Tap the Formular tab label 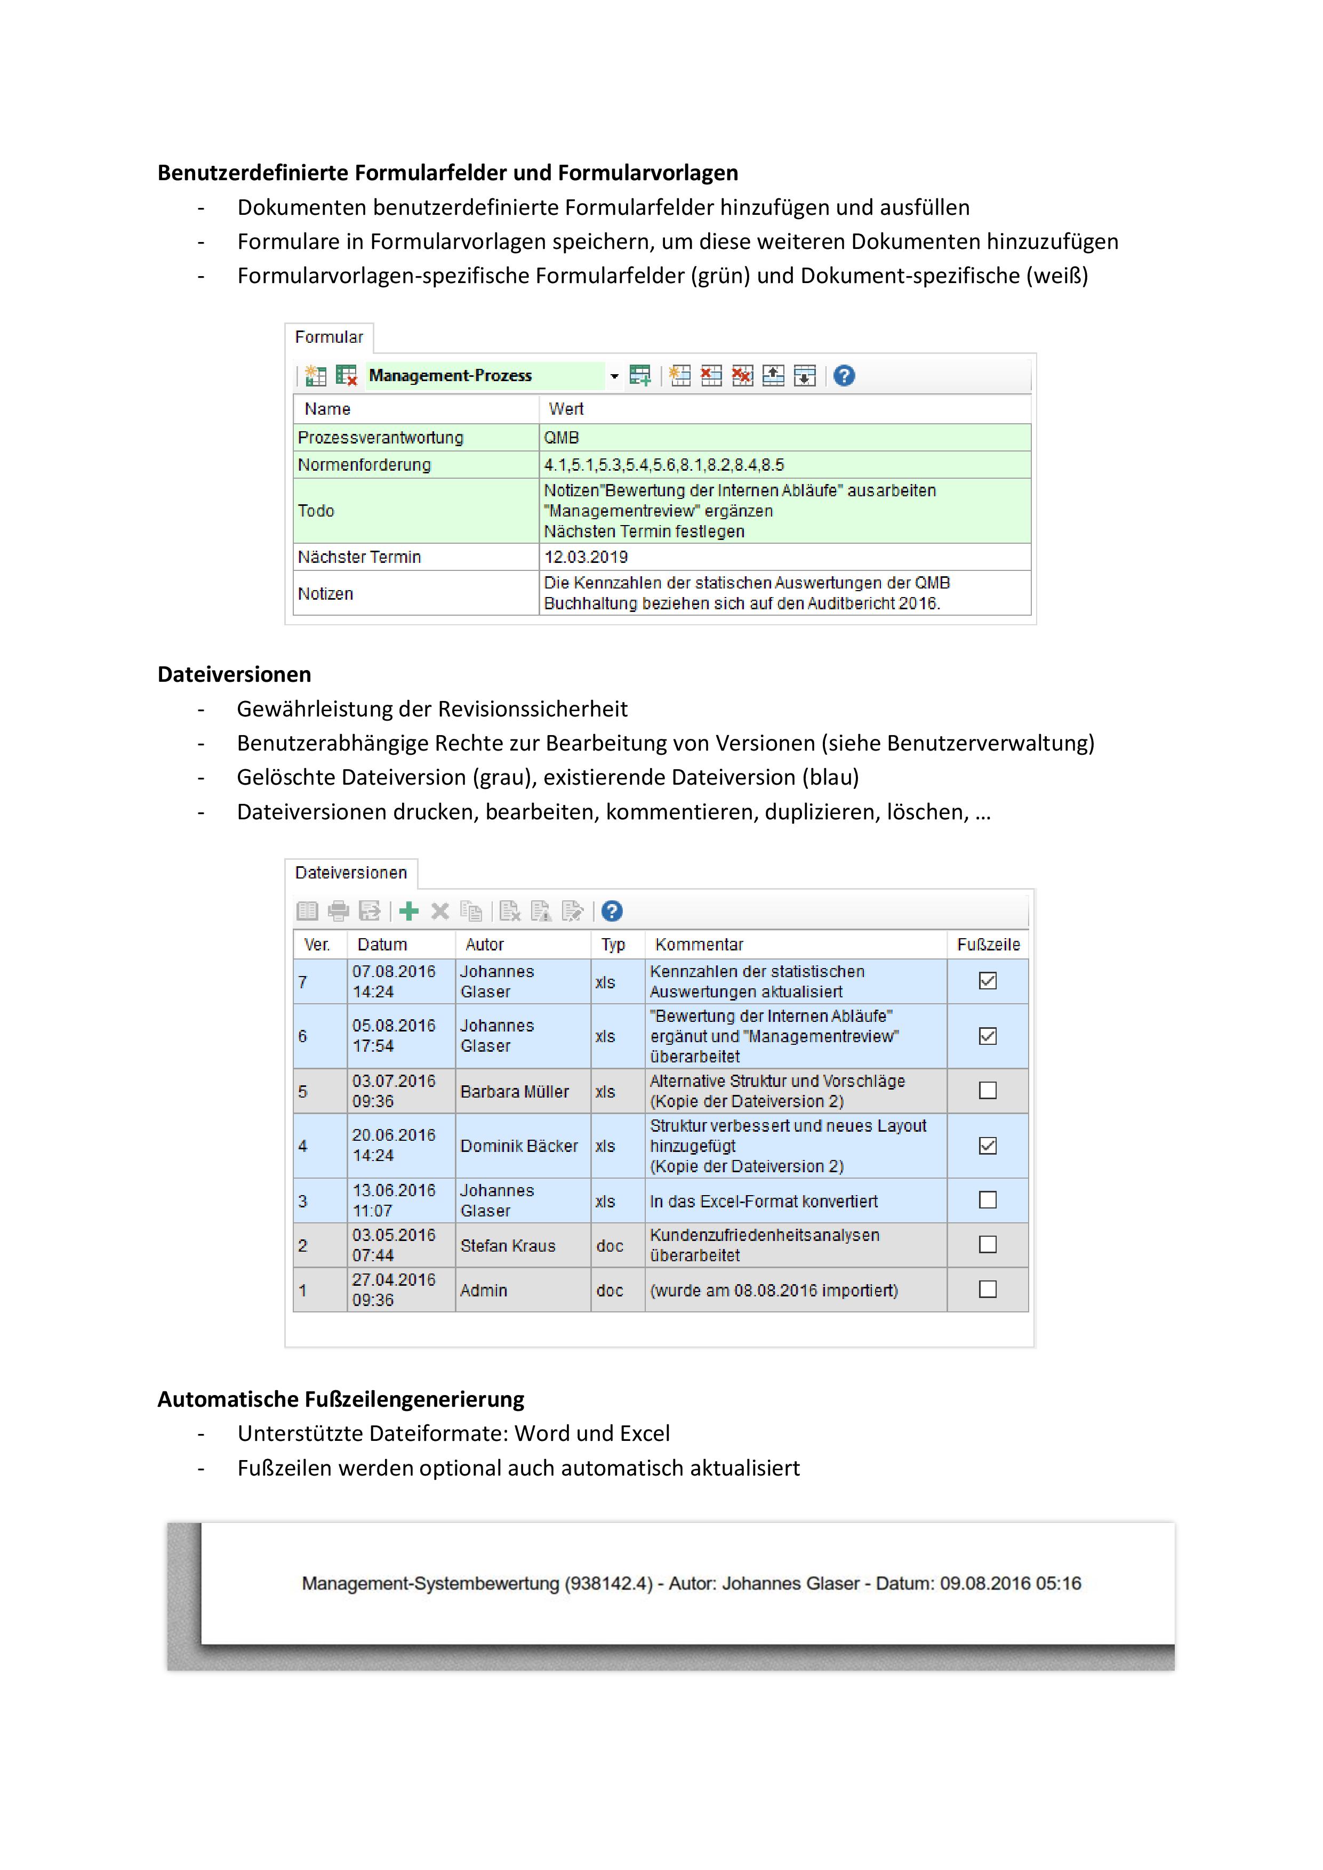tap(328, 337)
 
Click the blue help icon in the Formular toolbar tap(844, 375)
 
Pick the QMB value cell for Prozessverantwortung tap(562, 437)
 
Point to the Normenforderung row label tap(364, 465)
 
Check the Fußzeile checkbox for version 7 tap(988, 981)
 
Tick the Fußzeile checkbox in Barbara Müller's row tap(988, 1091)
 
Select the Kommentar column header tap(699, 945)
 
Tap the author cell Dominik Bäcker tap(519, 1146)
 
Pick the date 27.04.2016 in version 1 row tap(394, 1279)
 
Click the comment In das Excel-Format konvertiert tap(763, 1202)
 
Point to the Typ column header tap(613, 945)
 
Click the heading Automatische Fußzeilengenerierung tap(341, 1399)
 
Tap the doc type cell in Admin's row tap(610, 1290)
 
